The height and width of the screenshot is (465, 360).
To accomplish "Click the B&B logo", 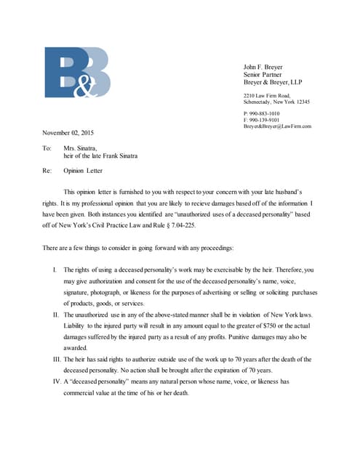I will click(77, 72).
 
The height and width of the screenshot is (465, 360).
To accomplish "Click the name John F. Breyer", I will click(263, 67).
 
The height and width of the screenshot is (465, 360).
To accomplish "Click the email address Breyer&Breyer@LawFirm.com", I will click(277, 126).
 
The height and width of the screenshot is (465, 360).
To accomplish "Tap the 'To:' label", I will click(47, 147).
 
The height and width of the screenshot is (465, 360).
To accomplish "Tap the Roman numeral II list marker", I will click(55, 315).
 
